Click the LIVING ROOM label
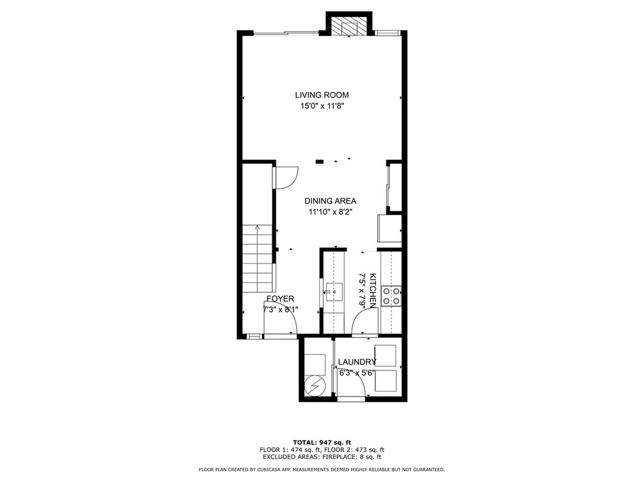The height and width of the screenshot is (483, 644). coord(321,95)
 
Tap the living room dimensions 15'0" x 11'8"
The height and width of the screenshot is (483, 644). coord(321,106)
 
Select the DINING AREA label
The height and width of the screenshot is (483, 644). coord(330,201)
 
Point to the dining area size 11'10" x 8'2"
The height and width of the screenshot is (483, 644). coord(331,213)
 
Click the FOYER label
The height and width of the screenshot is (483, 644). coord(280,299)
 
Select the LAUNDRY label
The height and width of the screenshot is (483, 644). coord(357,362)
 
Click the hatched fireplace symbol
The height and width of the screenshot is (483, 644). coord(348,26)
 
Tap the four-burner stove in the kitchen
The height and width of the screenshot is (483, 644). coord(391,296)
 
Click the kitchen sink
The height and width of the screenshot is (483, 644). coord(334,292)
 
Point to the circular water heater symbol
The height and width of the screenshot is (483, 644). coord(315,386)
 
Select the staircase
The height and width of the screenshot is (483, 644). coord(257,258)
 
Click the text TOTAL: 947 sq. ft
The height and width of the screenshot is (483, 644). coord(322,442)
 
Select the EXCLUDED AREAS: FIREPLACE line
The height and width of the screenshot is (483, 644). coord(322,457)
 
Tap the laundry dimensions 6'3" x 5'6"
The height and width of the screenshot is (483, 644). coord(357,374)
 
